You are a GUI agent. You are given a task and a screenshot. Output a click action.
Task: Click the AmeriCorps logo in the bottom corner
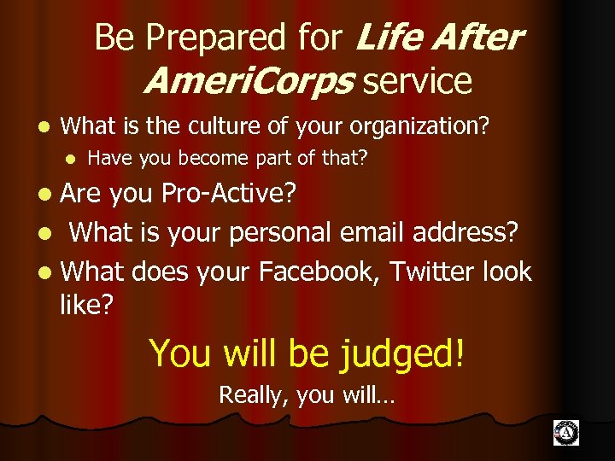(565, 433)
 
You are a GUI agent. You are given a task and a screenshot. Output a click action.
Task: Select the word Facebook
(319, 271)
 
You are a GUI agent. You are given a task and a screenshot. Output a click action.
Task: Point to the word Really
(249, 394)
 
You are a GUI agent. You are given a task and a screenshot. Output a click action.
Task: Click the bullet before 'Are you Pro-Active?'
(47, 195)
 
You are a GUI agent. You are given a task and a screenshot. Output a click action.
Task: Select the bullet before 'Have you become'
(73, 158)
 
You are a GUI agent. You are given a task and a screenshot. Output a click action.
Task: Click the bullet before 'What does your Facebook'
(47, 272)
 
